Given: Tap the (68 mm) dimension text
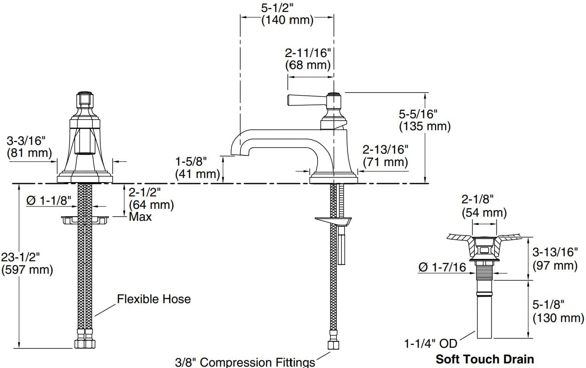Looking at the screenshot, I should point(307,65).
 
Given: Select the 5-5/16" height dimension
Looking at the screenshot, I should point(418,114).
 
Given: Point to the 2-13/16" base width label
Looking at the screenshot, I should point(385,149).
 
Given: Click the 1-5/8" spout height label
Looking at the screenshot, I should point(191,161).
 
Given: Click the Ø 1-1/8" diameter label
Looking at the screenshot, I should point(49,200).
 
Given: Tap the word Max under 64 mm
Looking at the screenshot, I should point(140,217).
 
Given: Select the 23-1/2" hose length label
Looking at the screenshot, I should point(21,257).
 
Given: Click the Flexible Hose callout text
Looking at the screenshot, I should point(154,299).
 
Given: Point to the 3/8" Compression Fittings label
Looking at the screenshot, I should point(245,362).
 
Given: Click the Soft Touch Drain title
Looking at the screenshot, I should point(484,359).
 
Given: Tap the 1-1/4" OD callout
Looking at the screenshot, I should point(430,343).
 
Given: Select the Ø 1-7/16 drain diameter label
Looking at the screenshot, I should point(442,267).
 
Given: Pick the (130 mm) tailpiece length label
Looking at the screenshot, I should point(558,317).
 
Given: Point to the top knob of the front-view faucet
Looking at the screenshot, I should point(84,98).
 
